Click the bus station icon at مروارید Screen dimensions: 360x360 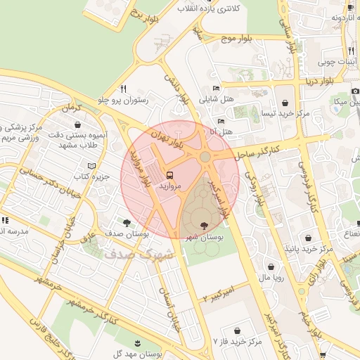point(169,174)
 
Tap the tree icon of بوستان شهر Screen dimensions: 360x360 point(204,226)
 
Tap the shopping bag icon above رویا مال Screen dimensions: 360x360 point(272,266)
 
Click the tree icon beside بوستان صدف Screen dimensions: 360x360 point(127,222)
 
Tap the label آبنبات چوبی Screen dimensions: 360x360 point(337,62)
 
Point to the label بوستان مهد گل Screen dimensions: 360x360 point(137,355)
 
